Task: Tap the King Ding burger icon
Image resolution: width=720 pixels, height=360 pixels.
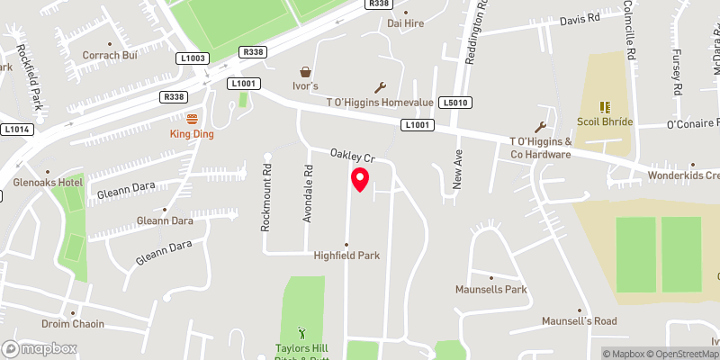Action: [192, 118]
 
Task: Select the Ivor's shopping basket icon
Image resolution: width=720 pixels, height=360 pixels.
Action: [305, 71]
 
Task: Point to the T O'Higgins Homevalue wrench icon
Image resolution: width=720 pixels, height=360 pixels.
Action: [380, 87]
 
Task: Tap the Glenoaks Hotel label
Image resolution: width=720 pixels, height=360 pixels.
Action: [36, 183]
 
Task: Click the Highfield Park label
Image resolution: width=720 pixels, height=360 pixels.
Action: [346, 256]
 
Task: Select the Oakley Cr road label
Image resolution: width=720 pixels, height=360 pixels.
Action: [351, 155]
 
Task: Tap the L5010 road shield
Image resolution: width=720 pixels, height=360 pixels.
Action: [454, 103]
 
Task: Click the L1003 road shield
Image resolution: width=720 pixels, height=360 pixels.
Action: [194, 58]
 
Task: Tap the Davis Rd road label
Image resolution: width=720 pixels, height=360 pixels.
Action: [579, 19]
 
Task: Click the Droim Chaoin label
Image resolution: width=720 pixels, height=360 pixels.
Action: [73, 324]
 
